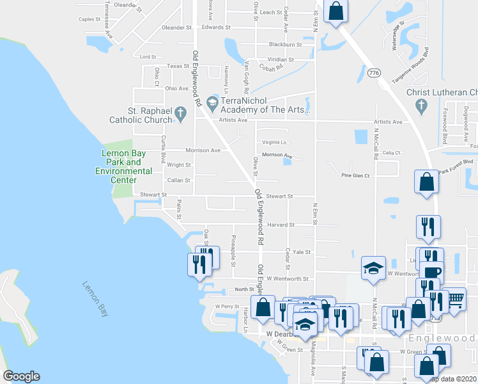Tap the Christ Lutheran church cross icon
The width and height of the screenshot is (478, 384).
pyautogui.click(x=420, y=106)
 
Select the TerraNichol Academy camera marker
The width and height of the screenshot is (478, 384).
pyautogui.click(x=213, y=102)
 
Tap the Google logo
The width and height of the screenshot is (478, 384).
pyautogui.click(x=21, y=376)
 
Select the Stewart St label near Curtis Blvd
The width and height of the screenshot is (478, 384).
pyautogui.click(x=153, y=195)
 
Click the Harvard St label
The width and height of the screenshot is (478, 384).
pyautogui.click(x=281, y=225)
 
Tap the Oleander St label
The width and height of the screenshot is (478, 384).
pyautogui.click(x=176, y=28)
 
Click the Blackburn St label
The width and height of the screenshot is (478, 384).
pyautogui.click(x=285, y=44)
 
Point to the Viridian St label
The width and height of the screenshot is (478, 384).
pyautogui.click(x=281, y=60)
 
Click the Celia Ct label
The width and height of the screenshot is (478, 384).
pyautogui.click(x=391, y=152)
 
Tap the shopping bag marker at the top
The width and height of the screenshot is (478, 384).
pyautogui.click(x=336, y=11)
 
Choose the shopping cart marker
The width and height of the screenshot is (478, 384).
pyautogui.click(x=454, y=299)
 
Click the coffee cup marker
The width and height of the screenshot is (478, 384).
pyautogui.click(x=431, y=271)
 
